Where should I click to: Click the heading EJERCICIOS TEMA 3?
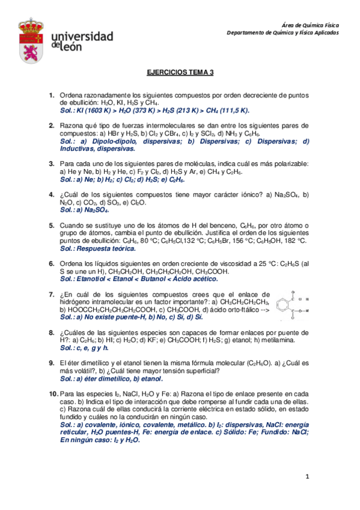click(x=180, y=72)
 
